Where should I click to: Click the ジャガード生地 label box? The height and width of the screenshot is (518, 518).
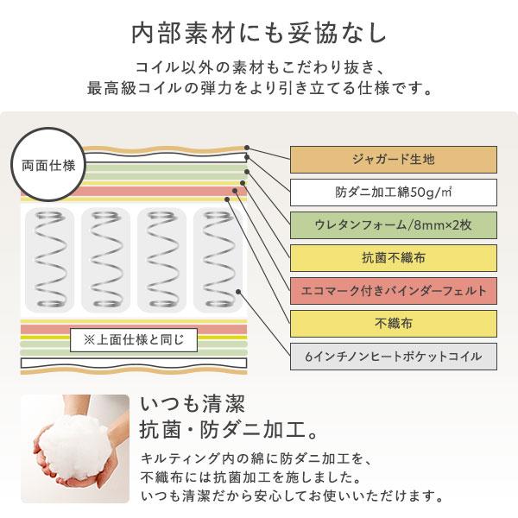coord(394,160)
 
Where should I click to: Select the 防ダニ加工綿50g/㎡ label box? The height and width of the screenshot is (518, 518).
coord(394,193)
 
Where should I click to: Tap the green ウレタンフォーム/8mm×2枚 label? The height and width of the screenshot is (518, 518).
coord(394,225)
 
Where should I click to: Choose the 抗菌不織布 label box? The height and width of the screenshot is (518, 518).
coord(394,257)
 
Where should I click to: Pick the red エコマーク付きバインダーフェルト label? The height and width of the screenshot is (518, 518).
coord(394,291)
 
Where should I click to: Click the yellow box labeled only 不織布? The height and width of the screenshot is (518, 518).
coord(394,324)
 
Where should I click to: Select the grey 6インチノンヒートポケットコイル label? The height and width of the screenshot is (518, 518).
coord(394,357)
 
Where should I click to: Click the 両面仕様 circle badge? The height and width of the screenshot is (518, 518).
coord(48,165)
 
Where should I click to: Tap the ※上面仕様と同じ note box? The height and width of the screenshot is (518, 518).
coord(134,340)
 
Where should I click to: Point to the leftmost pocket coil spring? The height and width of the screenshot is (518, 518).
coord(50,260)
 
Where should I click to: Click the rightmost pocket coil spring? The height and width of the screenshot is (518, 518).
coord(218,260)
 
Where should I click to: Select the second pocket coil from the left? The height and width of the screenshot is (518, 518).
coord(105,260)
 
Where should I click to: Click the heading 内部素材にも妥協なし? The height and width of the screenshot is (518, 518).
coord(259,34)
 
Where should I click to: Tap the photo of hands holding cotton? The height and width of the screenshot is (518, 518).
coord(75,449)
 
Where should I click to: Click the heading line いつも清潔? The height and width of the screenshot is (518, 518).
coord(193,404)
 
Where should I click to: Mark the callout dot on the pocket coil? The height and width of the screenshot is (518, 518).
coord(238,292)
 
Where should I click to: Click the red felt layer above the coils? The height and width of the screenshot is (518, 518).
coord(134,192)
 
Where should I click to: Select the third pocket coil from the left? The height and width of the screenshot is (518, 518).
coord(162,260)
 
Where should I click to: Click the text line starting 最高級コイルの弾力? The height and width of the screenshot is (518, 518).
coord(260,89)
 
